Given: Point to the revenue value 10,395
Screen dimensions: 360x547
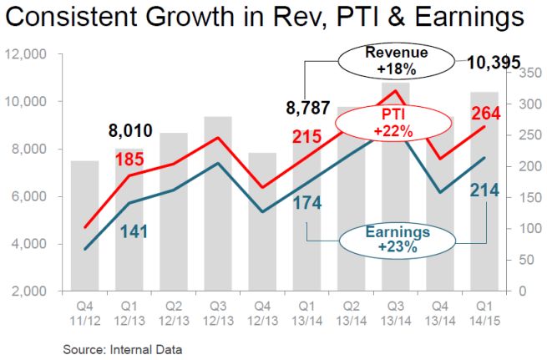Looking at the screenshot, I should point(494,62).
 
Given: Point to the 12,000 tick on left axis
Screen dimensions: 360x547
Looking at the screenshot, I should point(29,55).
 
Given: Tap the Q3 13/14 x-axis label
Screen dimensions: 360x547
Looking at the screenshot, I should point(396,311).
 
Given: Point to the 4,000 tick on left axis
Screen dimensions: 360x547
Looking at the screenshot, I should point(33,244).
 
